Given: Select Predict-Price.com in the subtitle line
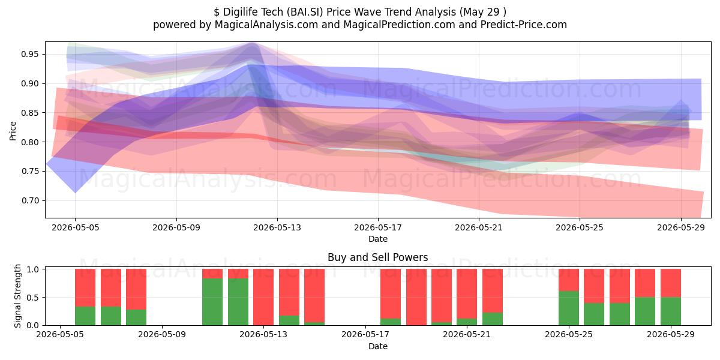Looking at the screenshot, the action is tap(524, 25).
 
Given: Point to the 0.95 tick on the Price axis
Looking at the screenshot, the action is tap(29, 54).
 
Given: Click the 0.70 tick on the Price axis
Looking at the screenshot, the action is tap(29, 200).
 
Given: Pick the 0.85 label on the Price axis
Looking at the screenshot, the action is tap(29, 113).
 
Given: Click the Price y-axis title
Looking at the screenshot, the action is tap(13, 131).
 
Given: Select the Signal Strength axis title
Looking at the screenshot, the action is tap(17, 296).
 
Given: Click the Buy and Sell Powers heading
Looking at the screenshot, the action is tap(377, 257).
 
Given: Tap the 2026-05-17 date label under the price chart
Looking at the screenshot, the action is tap(378, 227).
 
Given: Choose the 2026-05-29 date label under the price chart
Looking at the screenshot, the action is tap(681, 227).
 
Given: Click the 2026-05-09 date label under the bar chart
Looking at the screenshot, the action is tap(161, 335).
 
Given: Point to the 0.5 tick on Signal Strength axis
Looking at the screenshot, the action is tap(33, 298).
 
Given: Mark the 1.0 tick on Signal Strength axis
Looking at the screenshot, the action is tap(33, 269).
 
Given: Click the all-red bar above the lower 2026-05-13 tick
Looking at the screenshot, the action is tap(263, 297).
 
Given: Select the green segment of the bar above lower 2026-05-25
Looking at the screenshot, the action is tap(569, 308).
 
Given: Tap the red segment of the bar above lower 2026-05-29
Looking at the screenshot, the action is tap(671, 283).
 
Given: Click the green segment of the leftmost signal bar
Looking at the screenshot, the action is tap(85, 316).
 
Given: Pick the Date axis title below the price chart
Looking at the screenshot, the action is tap(378, 239).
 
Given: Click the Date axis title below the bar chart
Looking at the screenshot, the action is tap(378, 347).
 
